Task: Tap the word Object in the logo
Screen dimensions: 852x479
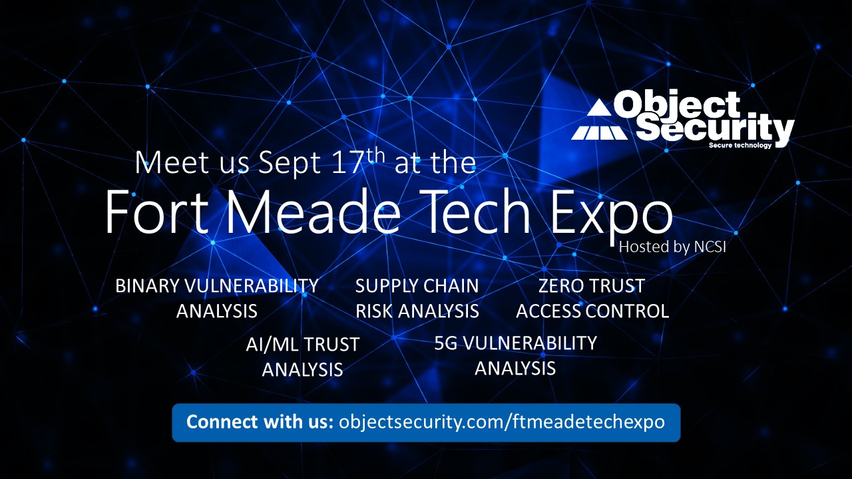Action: [677, 105]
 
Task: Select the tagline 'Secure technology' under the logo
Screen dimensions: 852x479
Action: [740, 145]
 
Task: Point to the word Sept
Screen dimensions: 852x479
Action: [289, 164]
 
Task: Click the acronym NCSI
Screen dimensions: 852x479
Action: [710, 247]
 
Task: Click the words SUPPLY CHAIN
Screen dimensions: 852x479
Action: [417, 286]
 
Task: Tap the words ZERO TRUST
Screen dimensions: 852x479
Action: [592, 286]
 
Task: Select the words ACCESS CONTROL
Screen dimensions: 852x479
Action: [592, 311]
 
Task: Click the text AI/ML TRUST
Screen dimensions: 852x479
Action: [303, 345]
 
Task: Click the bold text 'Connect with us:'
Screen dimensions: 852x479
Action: [260, 422]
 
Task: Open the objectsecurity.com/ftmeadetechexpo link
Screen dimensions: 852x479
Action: [502, 422]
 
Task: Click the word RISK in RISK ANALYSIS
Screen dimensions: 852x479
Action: [374, 311]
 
